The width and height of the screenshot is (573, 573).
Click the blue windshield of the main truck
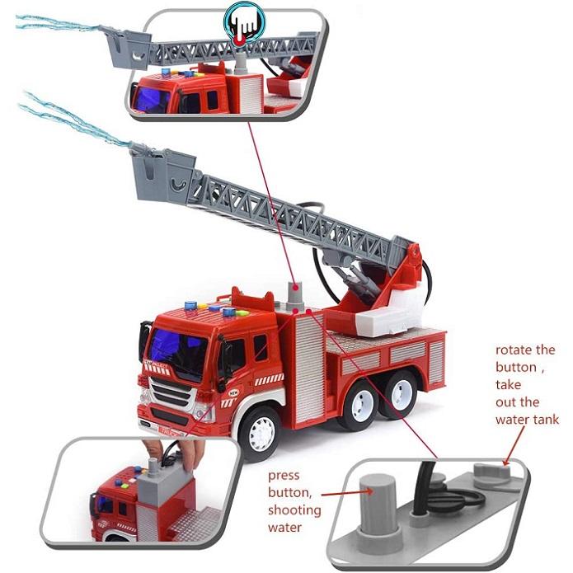(x=175, y=347)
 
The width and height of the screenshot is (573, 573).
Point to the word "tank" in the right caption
(x=543, y=420)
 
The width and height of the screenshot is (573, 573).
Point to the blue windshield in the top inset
(x=153, y=99)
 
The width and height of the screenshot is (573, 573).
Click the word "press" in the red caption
(x=284, y=476)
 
